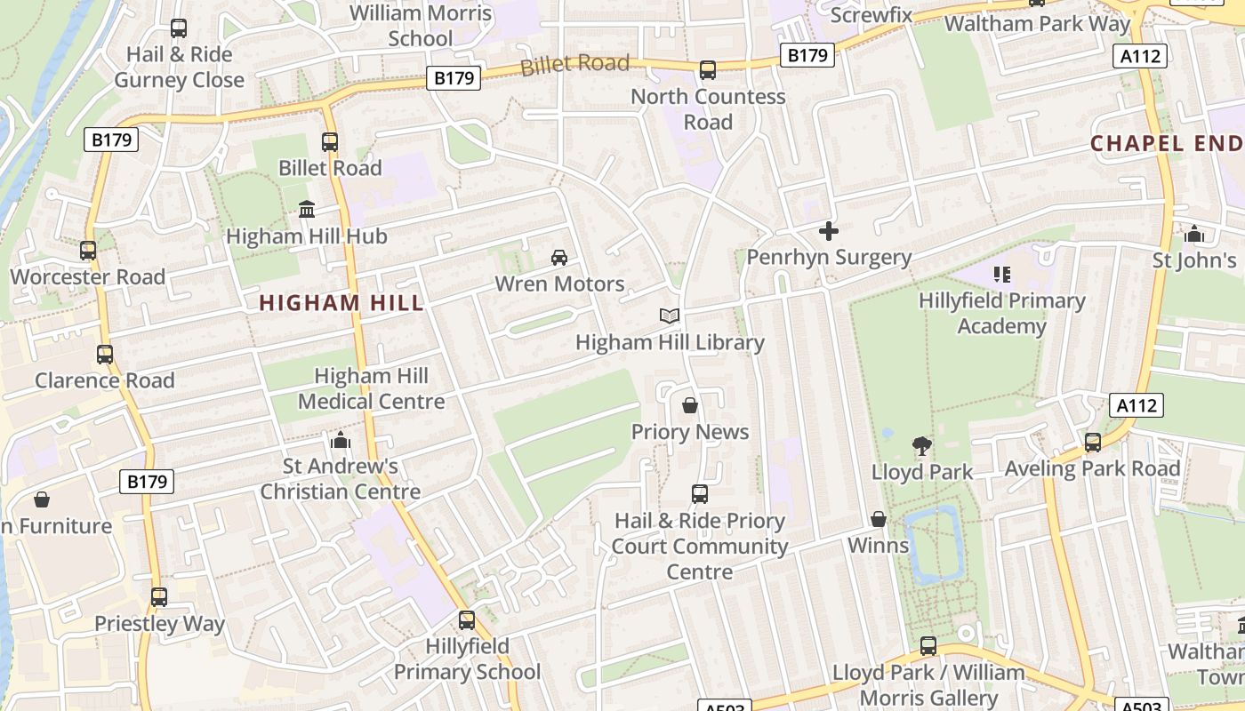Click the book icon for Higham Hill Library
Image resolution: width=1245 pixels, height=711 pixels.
pyautogui.click(x=670, y=316)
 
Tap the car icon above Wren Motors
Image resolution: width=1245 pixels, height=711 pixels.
pyautogui.click(x=559, y=258)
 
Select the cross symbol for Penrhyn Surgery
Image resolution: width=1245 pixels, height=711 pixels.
pyautogui.click(x=829, y=231)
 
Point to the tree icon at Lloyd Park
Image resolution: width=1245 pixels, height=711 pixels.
pyautogui.click(x=922, y=446)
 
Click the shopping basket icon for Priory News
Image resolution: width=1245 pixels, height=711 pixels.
pyautogui.click(x=690, y=406)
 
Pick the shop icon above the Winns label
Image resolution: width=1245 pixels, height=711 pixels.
pyautogui.click(x=879, y=519)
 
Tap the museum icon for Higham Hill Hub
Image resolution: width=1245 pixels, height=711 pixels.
pyautogui.click(x=307, y=210)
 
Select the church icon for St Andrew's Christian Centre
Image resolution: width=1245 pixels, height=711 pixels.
pyautogui.click(x=341, y=440)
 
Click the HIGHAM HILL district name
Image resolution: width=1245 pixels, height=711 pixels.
pyautogui.click(x=341, y=303)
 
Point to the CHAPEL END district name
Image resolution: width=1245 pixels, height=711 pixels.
pyautogui.click(x=1167, y=143)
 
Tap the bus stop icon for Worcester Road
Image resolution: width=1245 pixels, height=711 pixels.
pyautogui.click(x=88, y=251)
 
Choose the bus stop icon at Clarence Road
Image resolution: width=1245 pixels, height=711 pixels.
pyautogui.click(x=105, y=355)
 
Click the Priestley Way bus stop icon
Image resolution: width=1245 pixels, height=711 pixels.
pyautogui.click(x=159, y=597)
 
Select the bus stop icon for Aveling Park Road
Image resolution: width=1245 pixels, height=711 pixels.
pyautogui.click(x=1092, y=442)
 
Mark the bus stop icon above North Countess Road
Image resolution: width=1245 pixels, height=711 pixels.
pyautogui.click(x=708, y=70)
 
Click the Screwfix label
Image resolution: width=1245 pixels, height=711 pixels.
pyautogui.click(x=871, y=15)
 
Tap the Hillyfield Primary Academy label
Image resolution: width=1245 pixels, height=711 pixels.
pyautogui.click(x=1002, y=314)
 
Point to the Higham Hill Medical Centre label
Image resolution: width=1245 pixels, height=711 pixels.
pyautogui.click(x=371, y=388)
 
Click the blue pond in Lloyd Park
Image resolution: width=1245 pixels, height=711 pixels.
pyautogui.click(x=934, y=542)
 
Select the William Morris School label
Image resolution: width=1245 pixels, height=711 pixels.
pyautogui.click(x=421, y=26)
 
